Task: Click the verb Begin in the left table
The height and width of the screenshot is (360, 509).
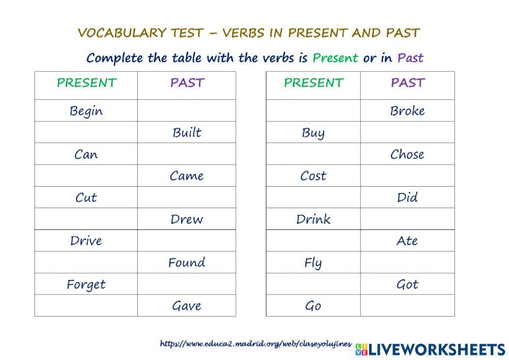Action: click(x=86, y=111)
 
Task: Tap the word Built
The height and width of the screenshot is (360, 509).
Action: click(x=187, y=133)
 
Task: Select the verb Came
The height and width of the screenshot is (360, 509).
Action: click(x=187, y=176)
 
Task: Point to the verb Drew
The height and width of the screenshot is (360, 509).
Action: click(x=187, y=219)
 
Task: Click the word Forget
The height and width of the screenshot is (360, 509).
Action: click(x=86, y=285)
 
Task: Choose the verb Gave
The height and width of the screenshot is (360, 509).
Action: click(x=187, y=306)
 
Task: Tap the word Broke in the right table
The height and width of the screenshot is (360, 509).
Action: click(x=407, y=111)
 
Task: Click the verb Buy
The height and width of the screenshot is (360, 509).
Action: click(x=313, y=133)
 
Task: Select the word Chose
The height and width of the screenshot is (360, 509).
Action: click(x=407, y=154)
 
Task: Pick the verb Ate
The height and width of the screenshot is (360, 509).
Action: click(x=407, y=241)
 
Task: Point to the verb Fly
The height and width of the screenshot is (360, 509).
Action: click(x=313, y=264)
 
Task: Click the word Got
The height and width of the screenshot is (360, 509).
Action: click(x=407, y=285)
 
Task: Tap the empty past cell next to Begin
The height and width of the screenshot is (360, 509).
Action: click(x=187, y=111)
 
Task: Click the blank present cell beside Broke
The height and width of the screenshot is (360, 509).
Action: click(x=313, y=111)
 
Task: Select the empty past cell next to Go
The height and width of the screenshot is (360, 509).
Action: click(x=407, y=306)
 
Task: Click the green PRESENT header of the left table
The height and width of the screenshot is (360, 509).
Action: click(x=87, y=83)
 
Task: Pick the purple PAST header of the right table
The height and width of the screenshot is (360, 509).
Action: click(x=407, y=83)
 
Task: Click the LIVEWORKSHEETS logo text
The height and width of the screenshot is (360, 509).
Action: click(x=436, y=349)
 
